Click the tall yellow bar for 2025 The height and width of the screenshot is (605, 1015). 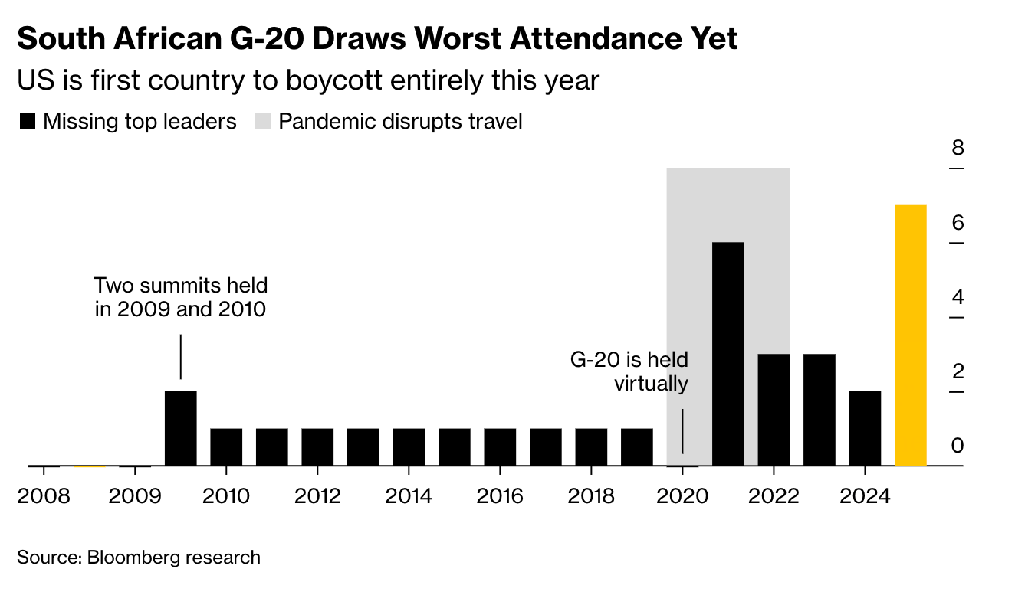910,335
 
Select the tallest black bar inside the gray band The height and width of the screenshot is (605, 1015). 728,353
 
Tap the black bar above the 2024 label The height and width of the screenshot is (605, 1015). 865,428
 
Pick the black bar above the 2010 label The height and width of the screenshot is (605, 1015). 226,446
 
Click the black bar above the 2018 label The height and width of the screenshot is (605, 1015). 591,446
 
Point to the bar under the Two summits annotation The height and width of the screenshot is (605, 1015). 181,428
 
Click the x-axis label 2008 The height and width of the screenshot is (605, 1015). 43,496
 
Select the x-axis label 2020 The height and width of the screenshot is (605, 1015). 682,496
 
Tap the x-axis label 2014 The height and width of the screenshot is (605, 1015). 409,496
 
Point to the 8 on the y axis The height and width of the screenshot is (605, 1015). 957,148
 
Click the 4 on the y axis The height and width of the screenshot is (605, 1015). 957,297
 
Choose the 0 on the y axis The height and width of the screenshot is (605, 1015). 957,446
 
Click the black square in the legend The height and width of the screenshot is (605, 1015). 28,121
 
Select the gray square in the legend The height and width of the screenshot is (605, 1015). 262,121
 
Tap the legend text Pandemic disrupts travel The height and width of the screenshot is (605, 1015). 400,121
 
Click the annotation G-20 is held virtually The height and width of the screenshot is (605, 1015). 629,371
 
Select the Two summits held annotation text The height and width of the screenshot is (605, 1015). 181,298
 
